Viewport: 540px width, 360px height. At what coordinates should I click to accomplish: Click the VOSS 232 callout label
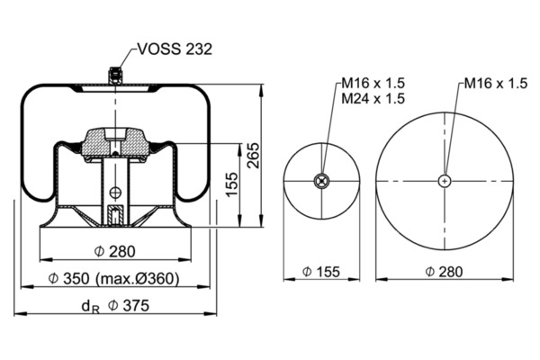175,49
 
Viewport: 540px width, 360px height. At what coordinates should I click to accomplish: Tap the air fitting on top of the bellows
115,76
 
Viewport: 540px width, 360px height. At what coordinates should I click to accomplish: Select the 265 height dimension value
254,156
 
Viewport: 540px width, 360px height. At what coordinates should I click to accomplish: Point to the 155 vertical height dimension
232,184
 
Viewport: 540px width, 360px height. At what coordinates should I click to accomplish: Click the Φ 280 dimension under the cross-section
115,251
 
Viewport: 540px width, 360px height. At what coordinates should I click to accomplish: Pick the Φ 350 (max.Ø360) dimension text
114,278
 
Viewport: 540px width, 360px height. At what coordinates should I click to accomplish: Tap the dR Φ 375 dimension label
115,306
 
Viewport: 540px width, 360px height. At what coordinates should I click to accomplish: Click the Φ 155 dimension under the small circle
321,272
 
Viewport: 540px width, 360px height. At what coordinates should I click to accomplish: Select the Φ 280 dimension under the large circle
445,272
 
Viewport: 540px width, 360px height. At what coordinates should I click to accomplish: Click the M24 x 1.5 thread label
373,99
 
